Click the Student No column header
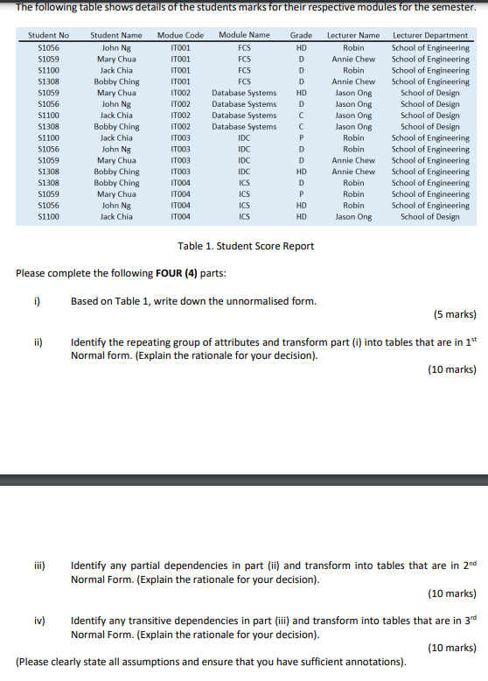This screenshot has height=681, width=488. tap(48, 36)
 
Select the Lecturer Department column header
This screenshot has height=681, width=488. tap(430, 36)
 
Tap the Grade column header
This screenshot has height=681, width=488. tap(301, 36)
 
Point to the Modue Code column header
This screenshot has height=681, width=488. tap(180, 36)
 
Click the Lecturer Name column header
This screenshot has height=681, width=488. tap(353, 36)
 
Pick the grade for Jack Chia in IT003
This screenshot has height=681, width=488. tap(301, 138)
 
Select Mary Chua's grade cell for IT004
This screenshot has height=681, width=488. tap(301, 194)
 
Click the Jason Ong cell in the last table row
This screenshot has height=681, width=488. tap(353, 217)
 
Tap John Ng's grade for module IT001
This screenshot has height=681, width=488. tap(301, 48)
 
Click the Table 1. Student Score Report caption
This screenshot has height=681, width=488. tap(246, 246)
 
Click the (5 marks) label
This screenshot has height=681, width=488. tap(455, 313)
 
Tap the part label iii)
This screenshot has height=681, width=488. tap(39, 565)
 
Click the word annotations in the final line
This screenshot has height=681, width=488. tap(374, 662)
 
